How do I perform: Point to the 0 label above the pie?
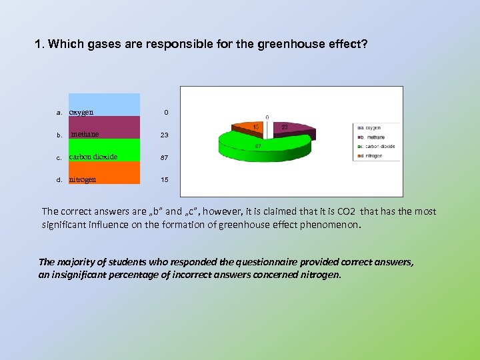pyautogui.click(x=267, y=117)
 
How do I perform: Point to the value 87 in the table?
pyautogui.click(x=164, y=157)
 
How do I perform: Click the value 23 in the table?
pyautogui.click(x=164, y=135)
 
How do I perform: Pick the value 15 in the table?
pyautogui.click(x=164, y=180)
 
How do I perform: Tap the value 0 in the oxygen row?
pyautogui.click(x=164, y=113)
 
